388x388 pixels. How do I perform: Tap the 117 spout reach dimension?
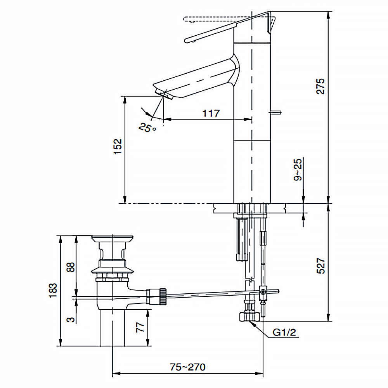[211, 113]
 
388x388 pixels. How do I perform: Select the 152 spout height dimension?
[118, 147]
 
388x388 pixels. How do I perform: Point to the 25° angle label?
[147, 128]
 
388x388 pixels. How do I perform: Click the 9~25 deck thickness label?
[298, 170]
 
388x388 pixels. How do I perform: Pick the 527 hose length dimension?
[320, 266]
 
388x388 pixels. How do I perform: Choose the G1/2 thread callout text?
[284, 333]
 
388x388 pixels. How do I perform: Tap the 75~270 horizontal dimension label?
[187, 367]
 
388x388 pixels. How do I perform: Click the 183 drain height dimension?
[53, 291]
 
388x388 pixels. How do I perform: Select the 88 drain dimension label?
[71, 267]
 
